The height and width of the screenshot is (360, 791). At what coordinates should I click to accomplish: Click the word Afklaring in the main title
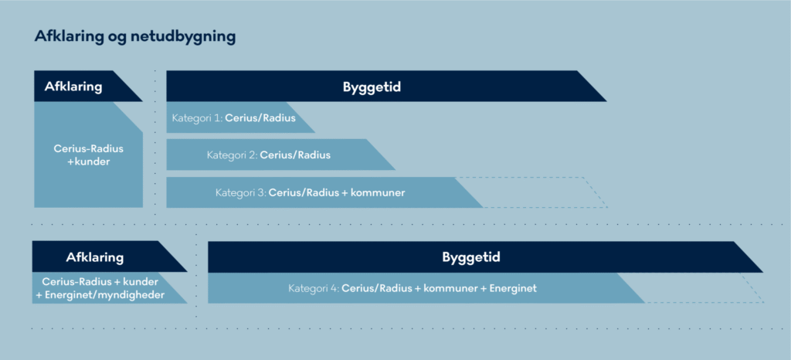[x=69, y=37]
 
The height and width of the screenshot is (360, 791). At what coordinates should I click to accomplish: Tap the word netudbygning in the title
[x=182, y=37]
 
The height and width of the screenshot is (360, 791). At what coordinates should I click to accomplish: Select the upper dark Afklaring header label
[x=73, y=87]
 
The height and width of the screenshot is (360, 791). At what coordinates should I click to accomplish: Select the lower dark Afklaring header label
[x=95, y=258]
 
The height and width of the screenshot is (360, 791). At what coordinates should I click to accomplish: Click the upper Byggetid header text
[x=372, y=87]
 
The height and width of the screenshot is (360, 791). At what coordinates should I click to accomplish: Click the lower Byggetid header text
[x=471, y=257]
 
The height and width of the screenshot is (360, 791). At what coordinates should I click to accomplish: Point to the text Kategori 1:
[x=197, y=118]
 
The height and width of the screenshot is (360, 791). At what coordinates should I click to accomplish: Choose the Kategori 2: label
[x=232, y=155]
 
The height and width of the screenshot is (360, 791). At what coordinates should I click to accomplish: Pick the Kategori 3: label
[x=241, y=192]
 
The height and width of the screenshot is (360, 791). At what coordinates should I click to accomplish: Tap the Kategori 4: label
[x=314, y=289]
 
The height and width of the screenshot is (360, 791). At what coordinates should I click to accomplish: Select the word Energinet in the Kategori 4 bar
[x=512, y=289]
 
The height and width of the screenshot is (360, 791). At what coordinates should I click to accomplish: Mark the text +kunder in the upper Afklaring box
[x=88, y=162]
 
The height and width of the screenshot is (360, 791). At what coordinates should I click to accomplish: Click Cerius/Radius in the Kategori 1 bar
[x=260, y=118]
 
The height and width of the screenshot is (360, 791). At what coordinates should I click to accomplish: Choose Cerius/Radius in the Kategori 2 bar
[x=295, y=155]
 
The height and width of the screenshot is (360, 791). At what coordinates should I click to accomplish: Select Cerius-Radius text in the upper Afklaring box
[x=88, y=149]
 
